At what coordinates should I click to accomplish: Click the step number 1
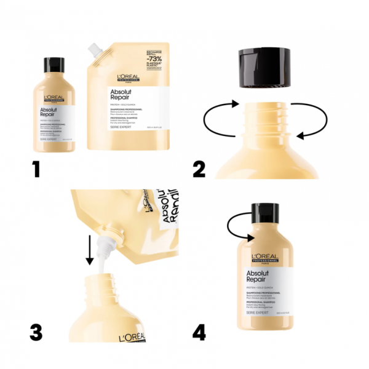tap(37, 167)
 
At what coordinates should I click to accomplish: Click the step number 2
tap(199, 167)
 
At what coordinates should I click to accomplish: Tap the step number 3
tap(36, 331)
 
